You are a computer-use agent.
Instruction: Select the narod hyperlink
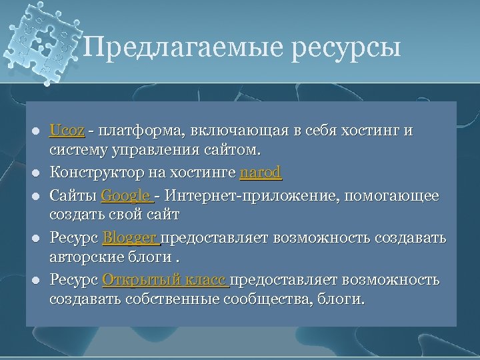pos(261,173)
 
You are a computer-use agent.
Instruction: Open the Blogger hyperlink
pos(131,238)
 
